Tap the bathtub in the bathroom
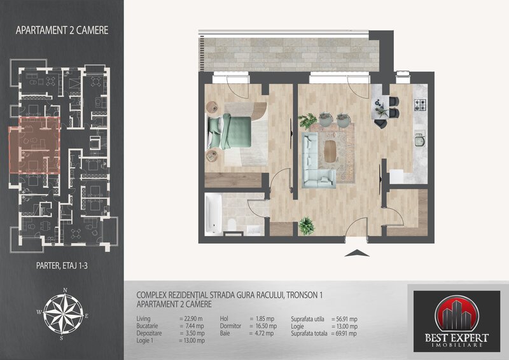[214, 214]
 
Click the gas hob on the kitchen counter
[419, 104]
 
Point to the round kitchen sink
[420, 141]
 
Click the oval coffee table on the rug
[330, 151]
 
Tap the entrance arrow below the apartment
[357, 253]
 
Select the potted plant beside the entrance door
[307, 226]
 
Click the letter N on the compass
[65, 290]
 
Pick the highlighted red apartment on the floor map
[35, 145]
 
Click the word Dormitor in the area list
[230, 326]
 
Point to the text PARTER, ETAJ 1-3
[62, 266]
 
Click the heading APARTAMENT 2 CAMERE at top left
[62, 31]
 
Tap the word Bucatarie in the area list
[147, 326]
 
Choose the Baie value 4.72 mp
[261, 333]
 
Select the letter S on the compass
[61, 338]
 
